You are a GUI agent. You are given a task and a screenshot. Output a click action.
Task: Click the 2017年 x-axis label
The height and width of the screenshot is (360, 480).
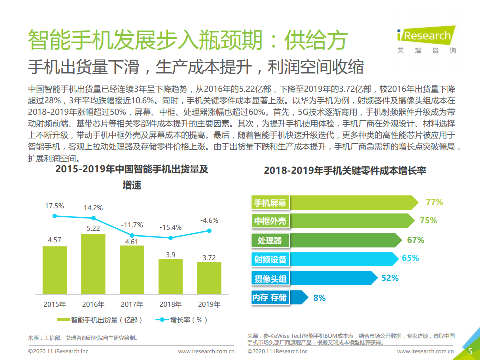pos(132,304)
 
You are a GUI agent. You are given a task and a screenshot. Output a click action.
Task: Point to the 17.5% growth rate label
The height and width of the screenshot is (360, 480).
pos(55,206)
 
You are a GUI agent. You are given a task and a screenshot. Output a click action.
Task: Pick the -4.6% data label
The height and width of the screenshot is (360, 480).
pos(209,220)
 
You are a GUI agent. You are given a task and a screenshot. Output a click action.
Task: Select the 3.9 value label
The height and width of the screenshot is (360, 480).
pos(170,255)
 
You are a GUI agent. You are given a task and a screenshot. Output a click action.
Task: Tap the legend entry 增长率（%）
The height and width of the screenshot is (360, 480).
pos(182,320)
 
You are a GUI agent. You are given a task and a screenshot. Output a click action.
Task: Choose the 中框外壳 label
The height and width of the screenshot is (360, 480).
pos(270,221)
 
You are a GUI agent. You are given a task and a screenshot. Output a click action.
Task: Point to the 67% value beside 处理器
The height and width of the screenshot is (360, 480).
pos(415,240)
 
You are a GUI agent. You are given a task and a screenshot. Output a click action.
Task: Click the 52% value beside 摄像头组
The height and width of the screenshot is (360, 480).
pos(390,278)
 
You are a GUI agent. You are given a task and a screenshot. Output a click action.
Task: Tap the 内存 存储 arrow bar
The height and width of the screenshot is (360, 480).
pos(278,297)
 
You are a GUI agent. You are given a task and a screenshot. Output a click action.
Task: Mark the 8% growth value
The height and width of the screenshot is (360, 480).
pos(319,298)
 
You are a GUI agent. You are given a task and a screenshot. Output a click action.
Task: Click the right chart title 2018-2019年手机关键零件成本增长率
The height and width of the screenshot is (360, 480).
pos(345,171)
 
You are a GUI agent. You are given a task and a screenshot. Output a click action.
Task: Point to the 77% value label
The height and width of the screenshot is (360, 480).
pos(434,202)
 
